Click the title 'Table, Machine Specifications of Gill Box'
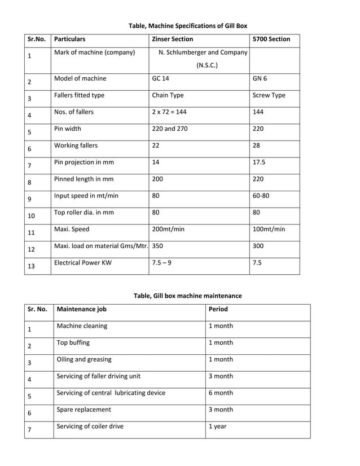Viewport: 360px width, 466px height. tap(188, 26)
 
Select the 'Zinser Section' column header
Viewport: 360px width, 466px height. tap(172, 39)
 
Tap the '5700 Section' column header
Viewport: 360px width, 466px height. tap(271, 39)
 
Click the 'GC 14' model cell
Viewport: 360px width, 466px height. tap(160, 79)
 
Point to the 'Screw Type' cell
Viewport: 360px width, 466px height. tap(269, 95)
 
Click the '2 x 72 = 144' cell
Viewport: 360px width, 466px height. tap(169, 112)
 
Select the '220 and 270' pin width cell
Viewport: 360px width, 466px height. tap(170, 129)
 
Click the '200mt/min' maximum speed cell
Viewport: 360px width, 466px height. tap(168, 230)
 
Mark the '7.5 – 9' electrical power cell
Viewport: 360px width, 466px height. tap(164, 263)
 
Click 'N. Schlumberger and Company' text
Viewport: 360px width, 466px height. tap(203, 53)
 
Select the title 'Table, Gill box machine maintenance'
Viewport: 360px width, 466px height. tap(187, 296)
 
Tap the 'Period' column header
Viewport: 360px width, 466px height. tap(218, 309)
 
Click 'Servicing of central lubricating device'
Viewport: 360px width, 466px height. tap(111, 393)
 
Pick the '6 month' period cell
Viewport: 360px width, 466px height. tap(220, 393)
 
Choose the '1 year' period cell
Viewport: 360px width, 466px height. tap(217, 427)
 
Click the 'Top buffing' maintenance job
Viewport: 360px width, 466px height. tap(73, 342)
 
